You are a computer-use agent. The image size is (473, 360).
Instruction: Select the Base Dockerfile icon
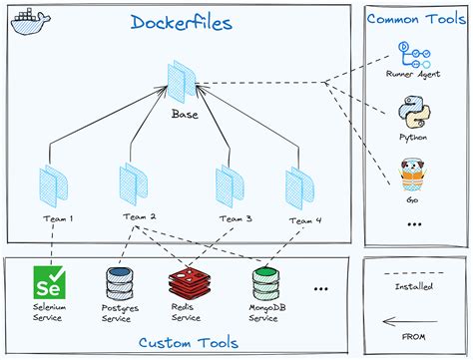point(184,81)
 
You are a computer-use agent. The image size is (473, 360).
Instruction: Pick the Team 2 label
point(140,216)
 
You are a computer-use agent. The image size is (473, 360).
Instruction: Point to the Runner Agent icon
point(410,52)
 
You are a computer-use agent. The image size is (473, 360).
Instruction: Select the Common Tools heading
point(414,18)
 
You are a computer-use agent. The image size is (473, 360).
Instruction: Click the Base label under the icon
point(185,114)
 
